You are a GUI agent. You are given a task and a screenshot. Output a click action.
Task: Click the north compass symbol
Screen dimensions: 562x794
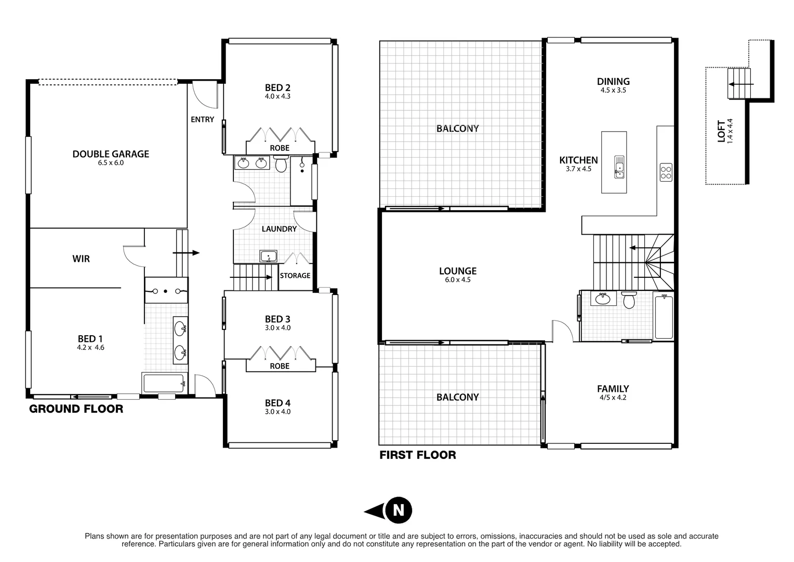(398, 509)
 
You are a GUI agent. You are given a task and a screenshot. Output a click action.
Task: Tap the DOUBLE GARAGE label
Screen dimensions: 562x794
(111, 154)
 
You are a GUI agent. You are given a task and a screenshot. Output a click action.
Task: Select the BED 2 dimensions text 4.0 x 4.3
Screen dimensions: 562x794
(277, 97)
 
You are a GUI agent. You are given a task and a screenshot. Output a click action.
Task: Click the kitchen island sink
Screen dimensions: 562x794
(619, 167)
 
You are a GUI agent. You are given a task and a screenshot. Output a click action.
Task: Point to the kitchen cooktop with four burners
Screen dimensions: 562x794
(666, 172)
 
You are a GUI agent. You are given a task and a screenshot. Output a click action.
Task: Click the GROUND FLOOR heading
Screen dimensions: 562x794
(76, 409)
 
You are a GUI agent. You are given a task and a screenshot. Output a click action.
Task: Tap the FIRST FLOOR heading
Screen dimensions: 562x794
(418, 455)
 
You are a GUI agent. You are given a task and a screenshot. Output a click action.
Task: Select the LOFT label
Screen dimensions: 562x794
(721, 131)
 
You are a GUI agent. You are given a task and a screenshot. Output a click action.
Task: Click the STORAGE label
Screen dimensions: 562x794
(295, 276)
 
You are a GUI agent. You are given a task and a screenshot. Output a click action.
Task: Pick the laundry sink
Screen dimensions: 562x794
(269, 256)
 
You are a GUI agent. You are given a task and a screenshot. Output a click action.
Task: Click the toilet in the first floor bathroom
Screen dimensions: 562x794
(629, 300)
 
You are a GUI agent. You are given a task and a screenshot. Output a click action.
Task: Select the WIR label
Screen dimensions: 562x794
(81, 259)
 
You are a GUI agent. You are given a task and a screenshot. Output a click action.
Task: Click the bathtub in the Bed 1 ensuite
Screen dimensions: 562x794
(163, 383)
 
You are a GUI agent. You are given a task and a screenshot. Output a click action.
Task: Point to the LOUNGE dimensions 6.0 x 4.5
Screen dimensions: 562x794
(458, 280)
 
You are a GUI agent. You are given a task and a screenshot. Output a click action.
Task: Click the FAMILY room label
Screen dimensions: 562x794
(613, 389)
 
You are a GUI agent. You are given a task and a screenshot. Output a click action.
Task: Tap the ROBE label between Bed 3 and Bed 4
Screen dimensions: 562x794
(280, 366)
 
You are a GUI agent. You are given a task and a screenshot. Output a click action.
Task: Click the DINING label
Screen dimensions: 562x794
(613, 81)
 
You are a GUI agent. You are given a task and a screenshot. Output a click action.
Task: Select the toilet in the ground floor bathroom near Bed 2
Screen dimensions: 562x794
(281, 165)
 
